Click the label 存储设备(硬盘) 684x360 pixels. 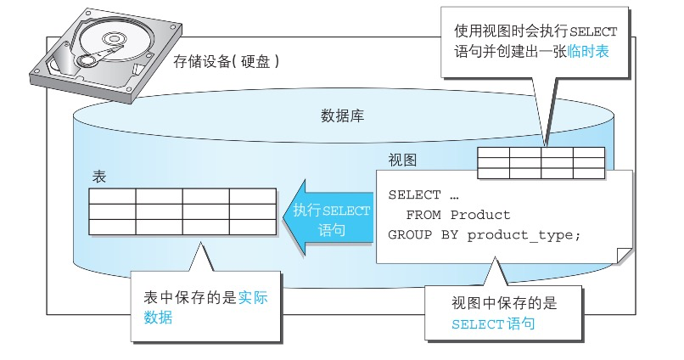(226, 62)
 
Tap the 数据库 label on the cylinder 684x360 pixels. (344, 115)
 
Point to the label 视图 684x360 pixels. (402, 160)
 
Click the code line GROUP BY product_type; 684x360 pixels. (485, 234)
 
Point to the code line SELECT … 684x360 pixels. (423, 194)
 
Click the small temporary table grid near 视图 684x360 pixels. (541, 163)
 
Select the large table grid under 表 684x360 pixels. (182, 211)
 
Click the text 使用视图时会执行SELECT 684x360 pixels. (535, 31)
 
